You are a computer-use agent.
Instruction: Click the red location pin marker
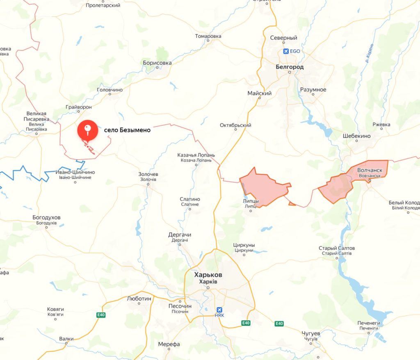coord(88,131)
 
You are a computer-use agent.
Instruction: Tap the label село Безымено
coord(127,130)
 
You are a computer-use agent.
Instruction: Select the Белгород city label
coord(290,67)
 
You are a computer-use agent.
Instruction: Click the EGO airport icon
coord(286,51)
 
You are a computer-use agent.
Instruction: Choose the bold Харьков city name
coord(208,275)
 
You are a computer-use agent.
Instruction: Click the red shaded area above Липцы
coord(265,187)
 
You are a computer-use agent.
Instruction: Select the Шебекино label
coord(356,136)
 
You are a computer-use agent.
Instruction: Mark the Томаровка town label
coord(208,36)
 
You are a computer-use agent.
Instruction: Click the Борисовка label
coord(157,63)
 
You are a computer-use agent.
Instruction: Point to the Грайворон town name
coord(78,107)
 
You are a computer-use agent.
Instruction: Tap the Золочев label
coord(148,174)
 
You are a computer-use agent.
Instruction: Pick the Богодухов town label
coord(46,217)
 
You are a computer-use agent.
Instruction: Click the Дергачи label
coord(180,235)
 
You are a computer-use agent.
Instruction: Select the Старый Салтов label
coord(337,248)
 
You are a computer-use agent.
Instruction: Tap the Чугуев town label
coord(310,334)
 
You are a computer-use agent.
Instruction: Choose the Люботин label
coord(139,298)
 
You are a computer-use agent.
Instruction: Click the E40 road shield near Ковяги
coord(101,315)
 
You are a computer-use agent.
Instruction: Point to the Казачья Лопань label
coord(196,155)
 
